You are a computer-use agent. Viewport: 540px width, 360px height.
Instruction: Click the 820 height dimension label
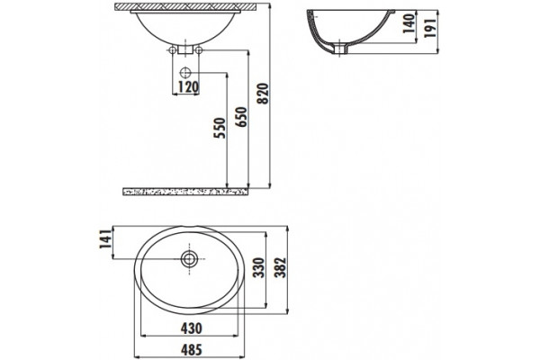263,93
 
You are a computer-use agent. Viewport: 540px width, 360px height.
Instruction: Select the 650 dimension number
242,117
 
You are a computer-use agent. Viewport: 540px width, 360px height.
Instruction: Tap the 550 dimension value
220,128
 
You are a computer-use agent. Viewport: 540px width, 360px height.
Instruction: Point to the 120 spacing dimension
188,87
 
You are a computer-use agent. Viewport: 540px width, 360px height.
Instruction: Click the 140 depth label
409,23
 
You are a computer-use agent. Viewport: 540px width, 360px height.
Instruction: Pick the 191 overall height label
430,28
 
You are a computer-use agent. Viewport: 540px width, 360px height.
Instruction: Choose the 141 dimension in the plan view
105,239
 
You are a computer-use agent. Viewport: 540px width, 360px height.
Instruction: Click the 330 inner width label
258,267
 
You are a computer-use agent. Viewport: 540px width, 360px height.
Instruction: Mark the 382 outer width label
281,267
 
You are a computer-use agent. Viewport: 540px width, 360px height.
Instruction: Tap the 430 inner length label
192,328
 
